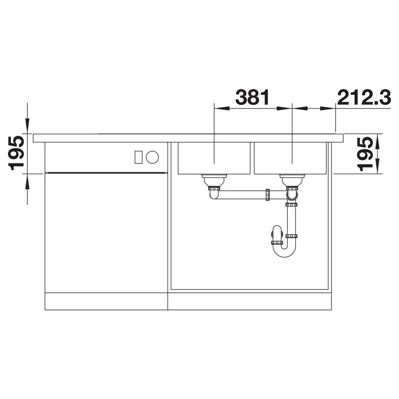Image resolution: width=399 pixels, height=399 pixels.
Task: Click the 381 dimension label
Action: [252, 97]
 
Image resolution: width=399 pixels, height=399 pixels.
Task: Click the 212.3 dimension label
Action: [364, 97]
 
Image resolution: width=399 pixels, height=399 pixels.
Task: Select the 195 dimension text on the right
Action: [365, 154]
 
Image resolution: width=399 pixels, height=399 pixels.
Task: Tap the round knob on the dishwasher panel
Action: [153, 157]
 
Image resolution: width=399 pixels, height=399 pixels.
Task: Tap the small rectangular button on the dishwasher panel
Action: [139, 157]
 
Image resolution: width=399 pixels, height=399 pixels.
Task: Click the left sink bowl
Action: [214, 158]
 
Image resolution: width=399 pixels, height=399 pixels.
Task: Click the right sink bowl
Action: [290, 158]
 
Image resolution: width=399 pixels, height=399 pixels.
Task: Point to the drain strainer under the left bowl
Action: [214, 180]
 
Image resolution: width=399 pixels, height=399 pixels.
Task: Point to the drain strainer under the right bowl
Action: [292, 180]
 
